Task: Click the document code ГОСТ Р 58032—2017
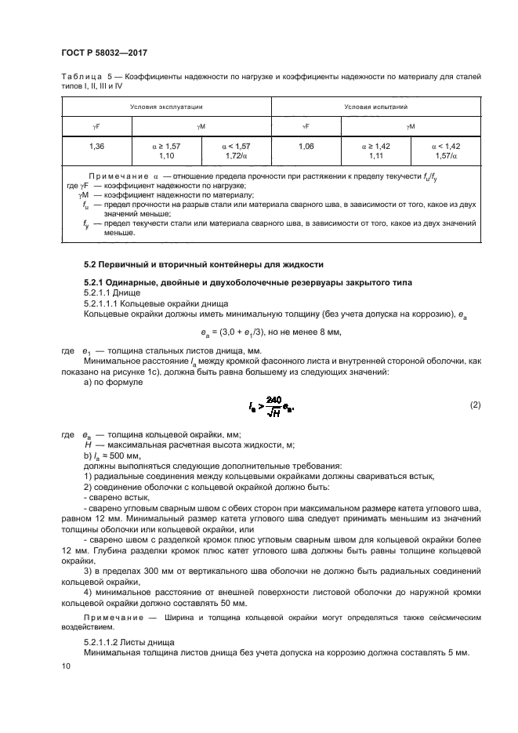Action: [x=104, y=53]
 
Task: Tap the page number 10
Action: [x=65, y=666]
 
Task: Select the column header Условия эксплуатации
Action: [x=166, y=105]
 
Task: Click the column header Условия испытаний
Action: [x=375, y=105]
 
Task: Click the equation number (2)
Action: [x=474, y=405]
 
